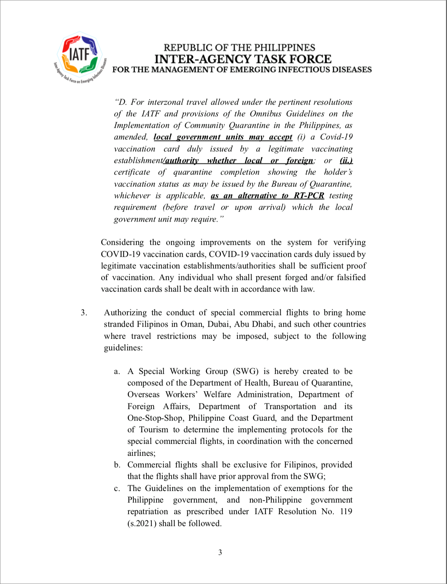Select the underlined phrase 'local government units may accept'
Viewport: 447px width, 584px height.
pyautogui.click(x=223, y=137)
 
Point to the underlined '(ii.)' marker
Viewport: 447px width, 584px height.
pyautogui.click(x=346, y=160)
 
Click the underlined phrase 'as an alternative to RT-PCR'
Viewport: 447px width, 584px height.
pyautogui.click(x=267, y=196)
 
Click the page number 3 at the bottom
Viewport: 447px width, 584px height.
pyautogui.click(x=220, y=552)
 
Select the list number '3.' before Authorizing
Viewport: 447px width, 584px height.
pyautogui.click(x=84, y=313)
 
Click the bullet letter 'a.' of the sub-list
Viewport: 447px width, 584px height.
pyautogui.click(x=117, y=371)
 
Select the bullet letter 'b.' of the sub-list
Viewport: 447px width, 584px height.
pyautogui.click(x=117, y=465)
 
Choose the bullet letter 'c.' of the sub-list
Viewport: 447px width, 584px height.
pyautogui.click(x=117, y=488)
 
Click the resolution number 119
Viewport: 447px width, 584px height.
pyautogui.click(x=346, y=511)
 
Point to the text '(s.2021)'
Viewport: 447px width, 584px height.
pyautogui.click(x=142, y=523)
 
